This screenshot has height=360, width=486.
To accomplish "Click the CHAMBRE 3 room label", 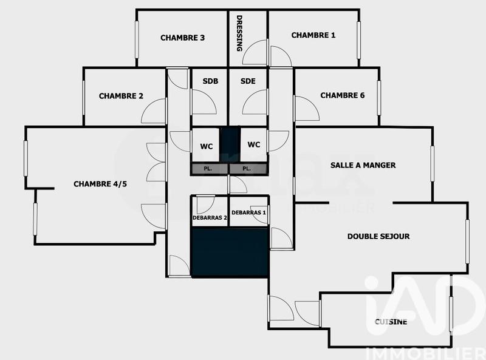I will click(182, 38).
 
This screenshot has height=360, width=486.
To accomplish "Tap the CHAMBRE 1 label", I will click(313, 35).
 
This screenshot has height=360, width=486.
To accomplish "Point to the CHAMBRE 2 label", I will click(121, 96).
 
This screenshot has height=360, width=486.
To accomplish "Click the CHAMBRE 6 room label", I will click(342, 95).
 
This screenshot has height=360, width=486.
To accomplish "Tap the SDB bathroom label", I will click(211, 81).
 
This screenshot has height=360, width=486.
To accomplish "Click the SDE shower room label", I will click(247, 81).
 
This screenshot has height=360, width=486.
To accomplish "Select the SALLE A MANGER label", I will click(363, 165).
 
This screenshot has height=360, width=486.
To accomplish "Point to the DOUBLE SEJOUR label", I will click(378, 236).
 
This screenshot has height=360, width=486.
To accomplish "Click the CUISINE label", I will click(391, 322).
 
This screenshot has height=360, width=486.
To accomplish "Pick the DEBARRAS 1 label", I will click(248, 212).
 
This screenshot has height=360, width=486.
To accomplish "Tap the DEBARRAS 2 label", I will click(210, 217).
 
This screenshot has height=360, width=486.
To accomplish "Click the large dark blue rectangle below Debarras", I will click(230, 253).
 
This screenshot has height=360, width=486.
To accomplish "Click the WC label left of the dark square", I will click(206, 146).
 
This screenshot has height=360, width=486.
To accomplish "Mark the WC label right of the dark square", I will click(254, 144).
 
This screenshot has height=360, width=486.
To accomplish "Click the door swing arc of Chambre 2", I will click(154, 110).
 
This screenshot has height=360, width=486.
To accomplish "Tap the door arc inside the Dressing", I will click(255, 53).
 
